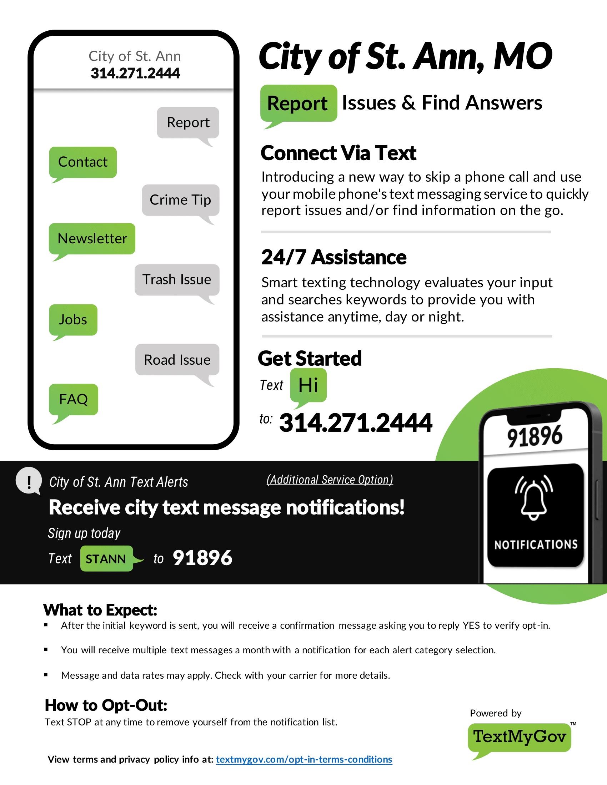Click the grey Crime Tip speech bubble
(180, 200)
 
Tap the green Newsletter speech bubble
(92, 239)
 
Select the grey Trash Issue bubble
(176, 280)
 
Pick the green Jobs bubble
(73, 320)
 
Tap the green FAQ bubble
(73, 399)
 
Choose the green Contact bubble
(83, 162)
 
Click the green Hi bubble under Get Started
(308, 385)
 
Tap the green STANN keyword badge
(106, 558)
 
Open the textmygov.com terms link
(304, 759)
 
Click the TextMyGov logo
(519, 737)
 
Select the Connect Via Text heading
(338, 153)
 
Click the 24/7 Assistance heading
(334, 257)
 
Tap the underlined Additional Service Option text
(330, 480)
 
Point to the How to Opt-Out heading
(106, 705)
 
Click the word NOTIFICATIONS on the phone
(536, 545)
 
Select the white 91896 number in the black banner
(202, 558)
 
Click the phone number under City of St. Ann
(135, 73)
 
